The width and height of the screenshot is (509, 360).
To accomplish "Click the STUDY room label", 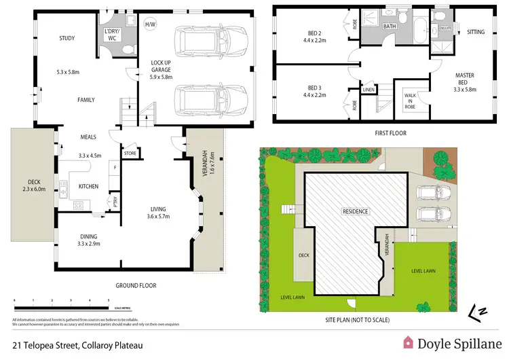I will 67,39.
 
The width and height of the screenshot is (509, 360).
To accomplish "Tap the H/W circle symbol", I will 150,25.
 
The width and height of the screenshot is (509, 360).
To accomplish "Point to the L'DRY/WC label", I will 111,35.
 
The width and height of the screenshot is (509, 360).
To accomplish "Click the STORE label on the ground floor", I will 130,154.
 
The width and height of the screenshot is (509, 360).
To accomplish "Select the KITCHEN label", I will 90,185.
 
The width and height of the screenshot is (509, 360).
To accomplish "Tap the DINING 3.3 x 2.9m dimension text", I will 89,242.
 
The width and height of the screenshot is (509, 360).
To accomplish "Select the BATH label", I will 389,27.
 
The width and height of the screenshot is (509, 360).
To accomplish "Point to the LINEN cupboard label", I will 369,89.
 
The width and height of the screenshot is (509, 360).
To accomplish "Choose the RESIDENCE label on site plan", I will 354,211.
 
